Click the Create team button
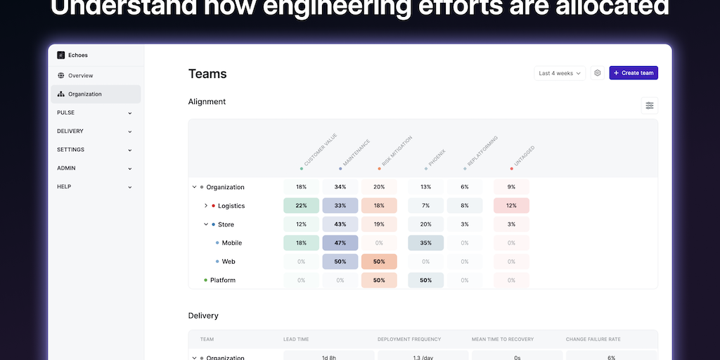[634, 73]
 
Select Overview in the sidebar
[80, 76]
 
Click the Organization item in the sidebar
[84, 94]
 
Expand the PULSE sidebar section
[95, 112]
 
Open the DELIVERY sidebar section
[95, 131]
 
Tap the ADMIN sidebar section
[95, 169]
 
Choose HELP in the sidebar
[95, 187]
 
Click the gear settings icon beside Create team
[597, 73]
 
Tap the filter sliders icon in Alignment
[650, 105]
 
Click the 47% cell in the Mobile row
[340, 243]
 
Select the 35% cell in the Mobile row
[425, 243]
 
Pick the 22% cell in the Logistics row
[301, 205]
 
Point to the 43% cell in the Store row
[340, 224]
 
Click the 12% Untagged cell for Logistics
[511, 205]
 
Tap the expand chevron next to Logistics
[206, 206]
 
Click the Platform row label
[223, 280]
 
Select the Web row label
[229, 262]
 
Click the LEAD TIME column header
[295, 340]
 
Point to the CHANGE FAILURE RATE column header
[593, 340]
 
